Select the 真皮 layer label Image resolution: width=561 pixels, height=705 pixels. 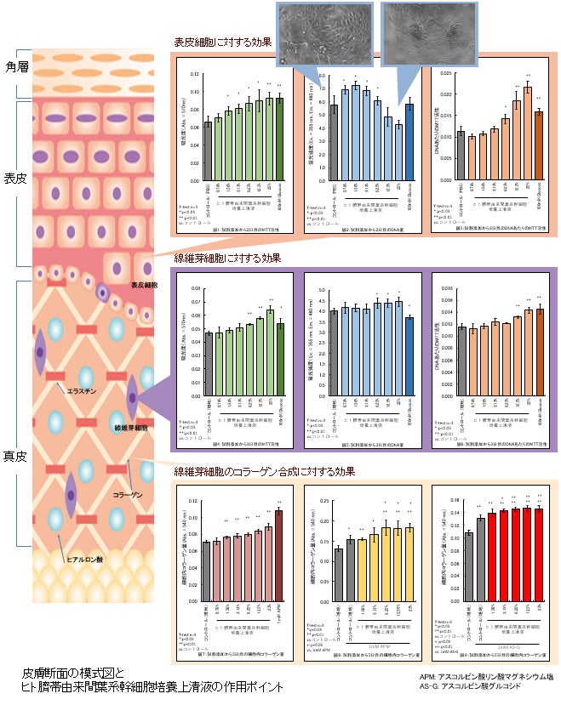click(x=17, y=456)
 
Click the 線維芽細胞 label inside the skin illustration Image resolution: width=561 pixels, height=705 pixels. click(x=128, y=428)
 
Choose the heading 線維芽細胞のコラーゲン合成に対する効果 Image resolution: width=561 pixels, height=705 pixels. click(x=264, y=471)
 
